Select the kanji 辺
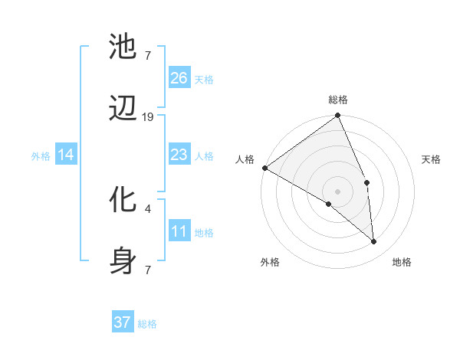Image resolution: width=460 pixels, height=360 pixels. (123, 112)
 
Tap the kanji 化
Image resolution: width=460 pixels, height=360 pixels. (123, 200)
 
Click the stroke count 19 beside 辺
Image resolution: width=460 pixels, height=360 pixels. (148, 117)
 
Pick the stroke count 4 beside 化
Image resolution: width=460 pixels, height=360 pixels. (147, 208)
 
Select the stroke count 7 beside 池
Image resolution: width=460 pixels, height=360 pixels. (147, 55)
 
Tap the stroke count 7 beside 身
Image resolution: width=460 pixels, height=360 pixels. (147, 270)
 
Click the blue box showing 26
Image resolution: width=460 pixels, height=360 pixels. (179, 77)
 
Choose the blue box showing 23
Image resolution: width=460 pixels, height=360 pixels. (179, 155)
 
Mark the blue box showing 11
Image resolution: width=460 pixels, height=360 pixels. (179, 231)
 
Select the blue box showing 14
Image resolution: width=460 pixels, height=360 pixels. (66, 155)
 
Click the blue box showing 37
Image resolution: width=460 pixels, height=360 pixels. (123, 322)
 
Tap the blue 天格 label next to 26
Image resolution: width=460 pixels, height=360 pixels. (204, 80)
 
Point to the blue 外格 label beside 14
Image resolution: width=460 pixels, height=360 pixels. (41, 156)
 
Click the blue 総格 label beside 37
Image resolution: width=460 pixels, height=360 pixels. (147, 324)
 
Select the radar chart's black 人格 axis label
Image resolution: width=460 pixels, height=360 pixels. (245, 159)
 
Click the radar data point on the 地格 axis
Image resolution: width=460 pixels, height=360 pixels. (373, 241)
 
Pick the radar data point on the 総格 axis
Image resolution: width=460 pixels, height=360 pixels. (337, 116)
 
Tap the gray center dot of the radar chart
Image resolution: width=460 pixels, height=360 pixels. (337, 190)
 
